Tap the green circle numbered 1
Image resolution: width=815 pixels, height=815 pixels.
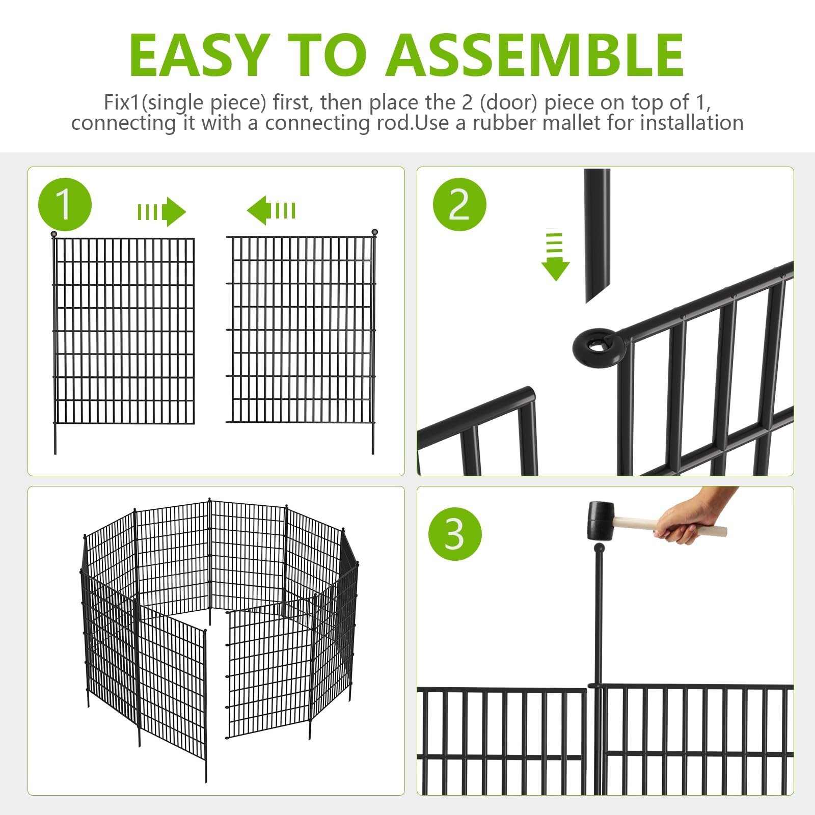(65, 204)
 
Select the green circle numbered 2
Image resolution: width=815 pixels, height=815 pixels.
(459, 204)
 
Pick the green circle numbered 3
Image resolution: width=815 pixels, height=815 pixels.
(455, 534)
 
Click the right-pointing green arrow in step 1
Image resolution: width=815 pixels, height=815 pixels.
(162, 211)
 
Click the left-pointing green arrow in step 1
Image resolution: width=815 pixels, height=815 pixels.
(271, 210)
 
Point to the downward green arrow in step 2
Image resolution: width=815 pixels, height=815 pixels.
(555, 257)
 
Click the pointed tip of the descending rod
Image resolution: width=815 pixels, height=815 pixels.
(587, 301)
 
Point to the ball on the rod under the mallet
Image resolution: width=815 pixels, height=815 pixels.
(600, 549)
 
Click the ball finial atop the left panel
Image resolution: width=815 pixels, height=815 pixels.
(54, 234)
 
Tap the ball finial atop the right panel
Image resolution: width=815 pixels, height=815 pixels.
(375, 232)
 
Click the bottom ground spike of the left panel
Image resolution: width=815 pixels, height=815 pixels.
(55, 438)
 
